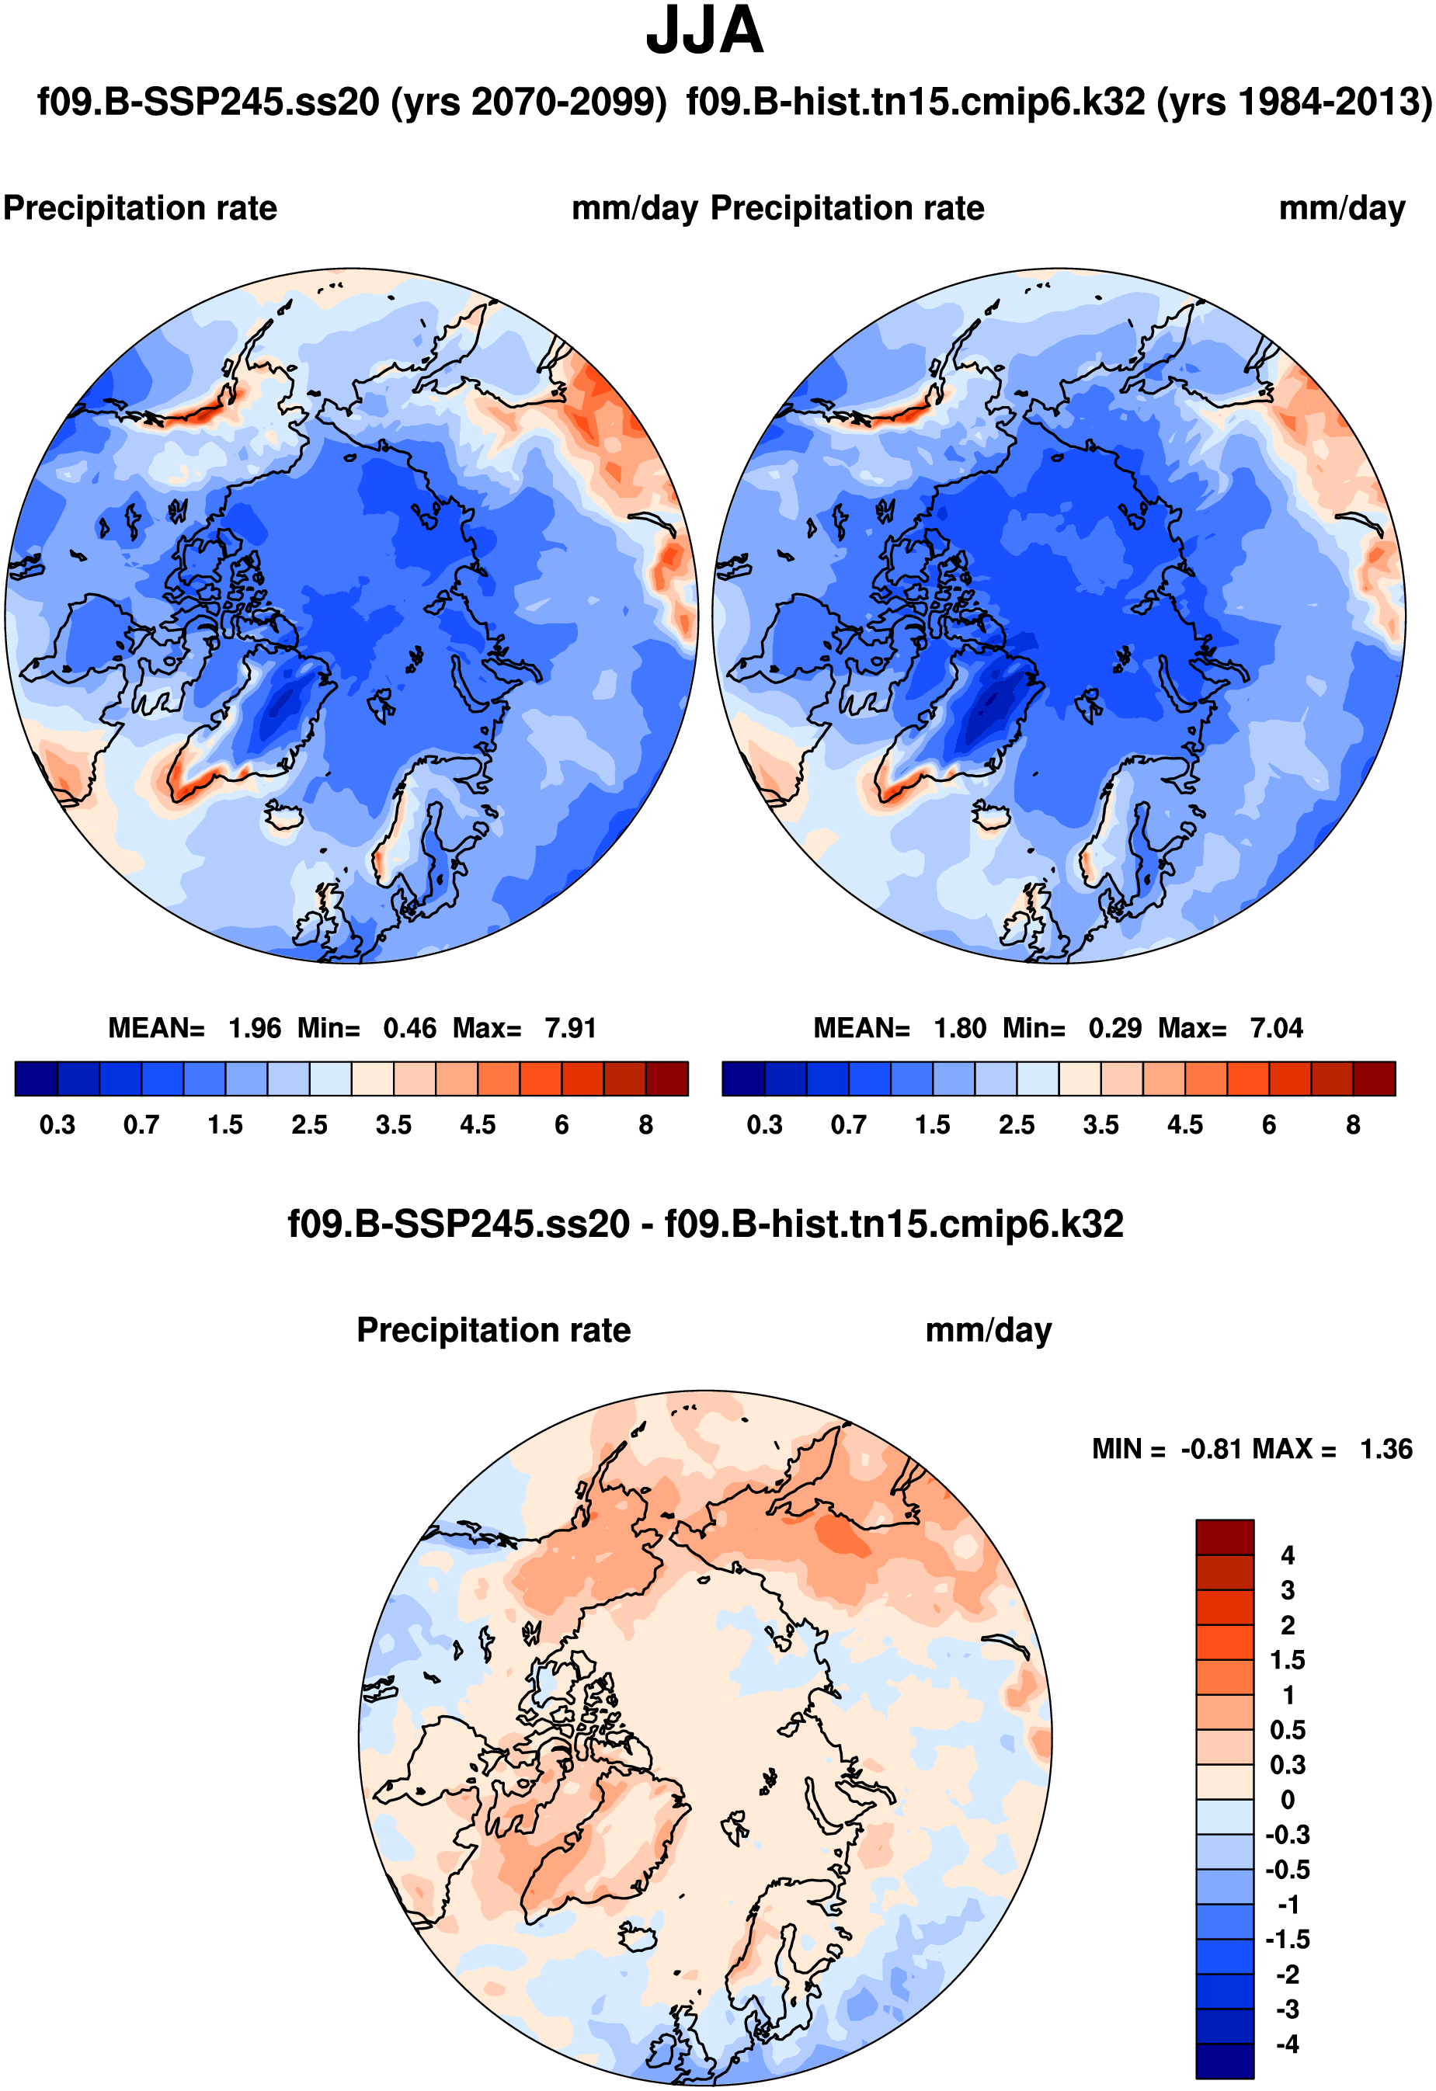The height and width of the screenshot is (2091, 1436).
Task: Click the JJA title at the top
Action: [x=704, y=32]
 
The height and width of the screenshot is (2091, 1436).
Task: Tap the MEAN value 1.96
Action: [x=255, y=1028]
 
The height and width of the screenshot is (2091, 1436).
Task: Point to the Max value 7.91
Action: [x=571, y=1028]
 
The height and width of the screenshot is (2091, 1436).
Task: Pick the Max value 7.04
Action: [x=1276, y=1028]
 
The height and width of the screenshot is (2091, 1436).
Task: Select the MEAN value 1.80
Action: [x=960, y=1028]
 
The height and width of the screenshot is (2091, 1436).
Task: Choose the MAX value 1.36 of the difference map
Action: [x=1386, y=1450]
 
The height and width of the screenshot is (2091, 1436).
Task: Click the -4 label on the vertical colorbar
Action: [x=1288, y=2044]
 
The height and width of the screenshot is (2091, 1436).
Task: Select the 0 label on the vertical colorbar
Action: [x=1288, y=1801]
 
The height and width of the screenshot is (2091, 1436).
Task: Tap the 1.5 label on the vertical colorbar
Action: [x=1288, y=1661]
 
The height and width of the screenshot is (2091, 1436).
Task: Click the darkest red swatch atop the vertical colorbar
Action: [x=1225, y=1537]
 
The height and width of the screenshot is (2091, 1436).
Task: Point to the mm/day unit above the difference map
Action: [x=988, y=1331]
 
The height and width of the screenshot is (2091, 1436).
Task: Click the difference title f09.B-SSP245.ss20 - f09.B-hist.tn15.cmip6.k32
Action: [x=705, y=1224]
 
